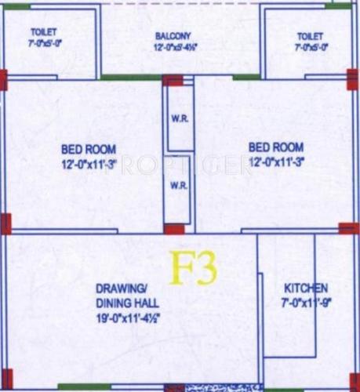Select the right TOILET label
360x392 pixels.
(310, 36)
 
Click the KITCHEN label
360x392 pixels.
(306, 289)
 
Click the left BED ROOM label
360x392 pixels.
(89, 148)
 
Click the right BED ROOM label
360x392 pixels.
(275, 147)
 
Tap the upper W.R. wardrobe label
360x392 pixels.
(178, 120)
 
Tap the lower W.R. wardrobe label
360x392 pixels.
(178, 186)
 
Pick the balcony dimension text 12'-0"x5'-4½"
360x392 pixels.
(175, 48)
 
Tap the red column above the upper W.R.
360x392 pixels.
(173, 79)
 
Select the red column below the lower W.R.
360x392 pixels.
(175, 230)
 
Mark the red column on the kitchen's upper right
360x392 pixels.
(349, 229)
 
